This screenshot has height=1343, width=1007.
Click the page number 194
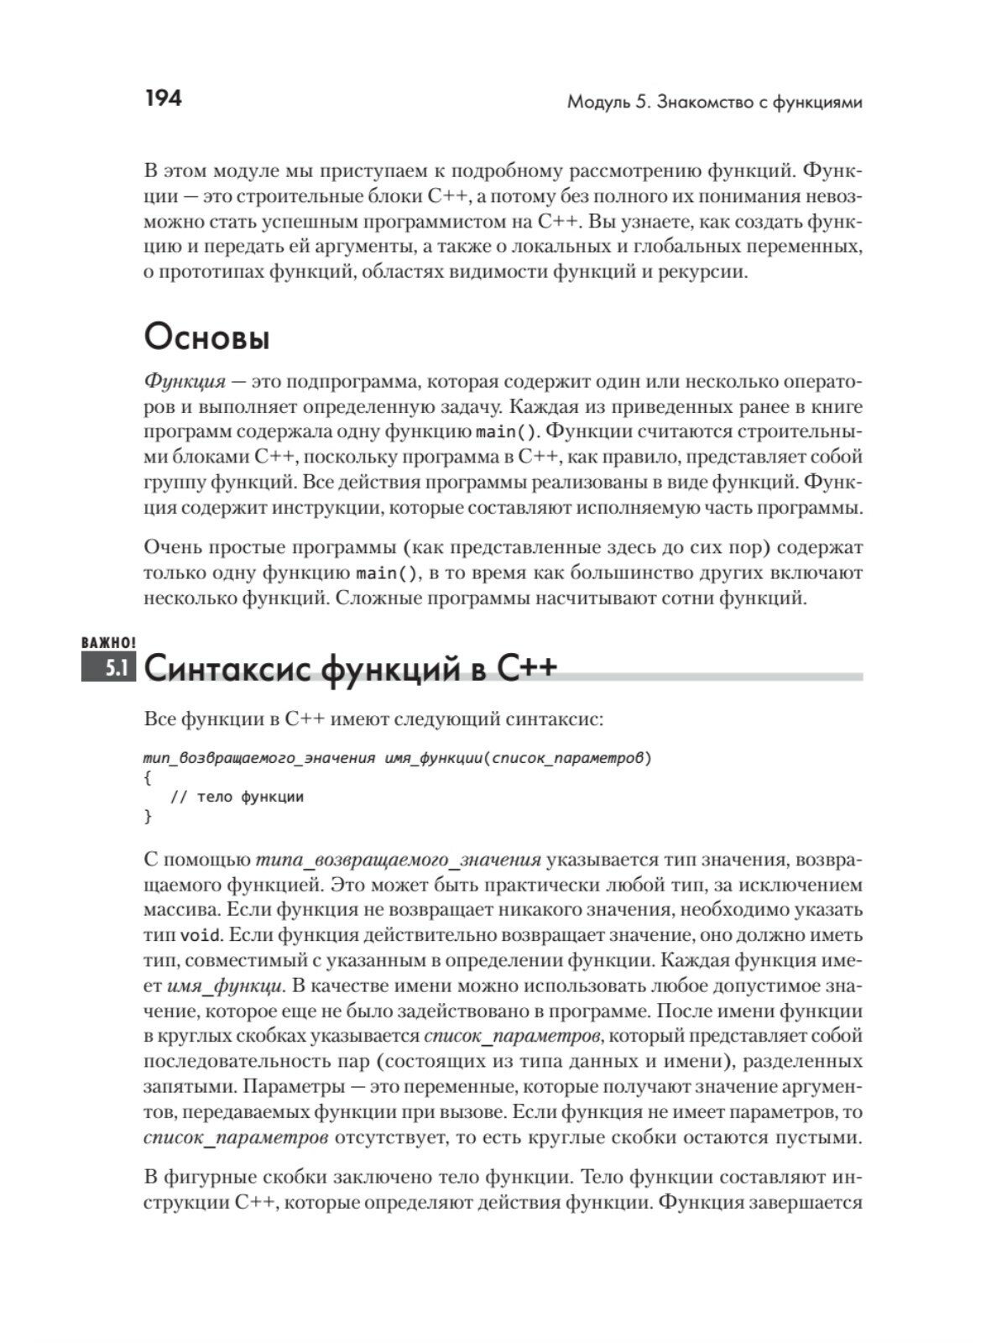163,99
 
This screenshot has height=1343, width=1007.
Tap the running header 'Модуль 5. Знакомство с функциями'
715,103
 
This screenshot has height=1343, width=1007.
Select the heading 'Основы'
206,338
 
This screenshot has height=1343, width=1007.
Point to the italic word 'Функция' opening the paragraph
185,382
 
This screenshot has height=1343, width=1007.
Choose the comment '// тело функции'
237,797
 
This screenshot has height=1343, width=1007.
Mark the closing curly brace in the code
148,816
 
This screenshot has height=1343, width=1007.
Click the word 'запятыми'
188,1087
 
